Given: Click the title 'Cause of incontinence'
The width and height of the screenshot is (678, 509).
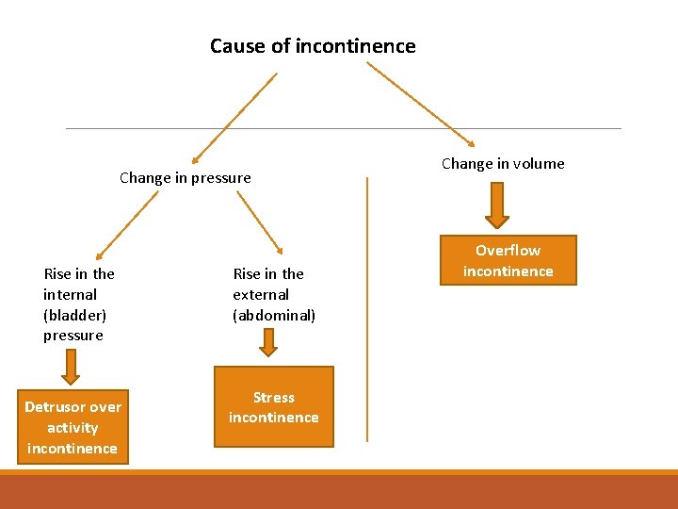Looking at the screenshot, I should [313, 46].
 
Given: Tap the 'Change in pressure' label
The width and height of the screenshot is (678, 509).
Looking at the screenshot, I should [186, 177].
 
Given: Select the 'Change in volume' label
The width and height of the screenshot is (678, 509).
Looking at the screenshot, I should [503, 163].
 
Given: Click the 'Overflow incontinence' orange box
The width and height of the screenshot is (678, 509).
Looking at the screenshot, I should [508, 260].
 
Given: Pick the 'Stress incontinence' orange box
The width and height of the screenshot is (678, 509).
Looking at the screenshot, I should [274, 406].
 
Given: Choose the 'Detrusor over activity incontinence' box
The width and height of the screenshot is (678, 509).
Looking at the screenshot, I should [73, 427].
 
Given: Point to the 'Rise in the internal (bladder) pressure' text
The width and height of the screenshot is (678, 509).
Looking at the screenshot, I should [79, 304].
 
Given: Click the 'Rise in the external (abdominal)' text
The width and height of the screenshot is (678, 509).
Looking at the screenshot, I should [274, 294].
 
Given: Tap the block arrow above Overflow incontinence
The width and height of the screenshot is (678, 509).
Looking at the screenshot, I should [496, 205].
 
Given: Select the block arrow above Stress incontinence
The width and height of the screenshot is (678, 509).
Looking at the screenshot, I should [268, 341].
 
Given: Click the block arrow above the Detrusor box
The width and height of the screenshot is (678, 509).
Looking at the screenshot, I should [72, 363].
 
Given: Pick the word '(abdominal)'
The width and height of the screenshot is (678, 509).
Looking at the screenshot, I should [274, 315].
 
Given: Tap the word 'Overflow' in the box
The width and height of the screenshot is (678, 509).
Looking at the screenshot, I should [508, 251].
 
